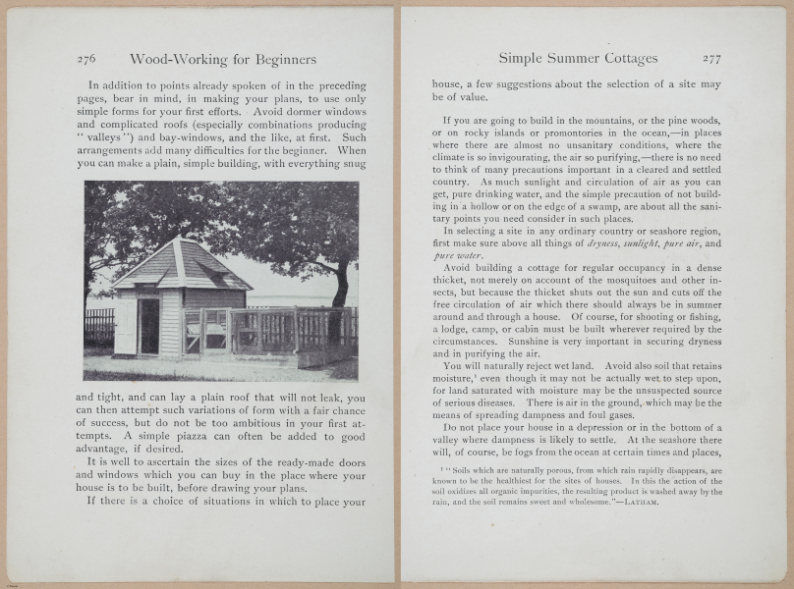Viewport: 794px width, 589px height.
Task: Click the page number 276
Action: tap(86, 59)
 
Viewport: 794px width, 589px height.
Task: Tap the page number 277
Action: tap(711, 59)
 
